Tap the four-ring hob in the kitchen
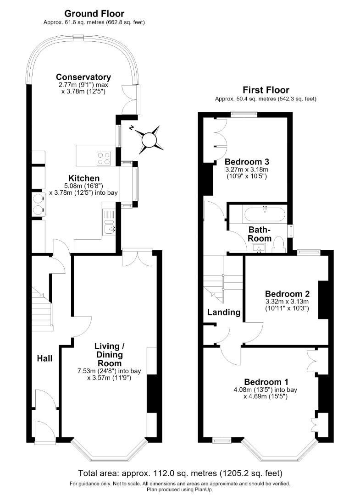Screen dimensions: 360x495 pos(104,159)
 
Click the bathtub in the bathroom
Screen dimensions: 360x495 pos(265,214)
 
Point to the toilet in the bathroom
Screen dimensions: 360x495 pos(278,244)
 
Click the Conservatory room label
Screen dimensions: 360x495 pos(83,77)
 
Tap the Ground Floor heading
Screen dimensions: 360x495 pos(94,14)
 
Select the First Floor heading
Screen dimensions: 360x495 pos(266,90)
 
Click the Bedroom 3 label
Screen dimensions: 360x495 pos(247,162)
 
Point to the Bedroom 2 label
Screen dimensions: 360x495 pos(288,294)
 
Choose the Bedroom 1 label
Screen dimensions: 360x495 pos(266,382)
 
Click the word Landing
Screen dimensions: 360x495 pos(224,312)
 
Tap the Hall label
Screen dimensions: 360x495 pos(45,358)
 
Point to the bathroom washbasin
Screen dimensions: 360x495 pos(260,248)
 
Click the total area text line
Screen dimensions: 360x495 pos(180,473)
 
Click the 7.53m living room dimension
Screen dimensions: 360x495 pos(109,371)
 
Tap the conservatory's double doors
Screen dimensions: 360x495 pos(131,99)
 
